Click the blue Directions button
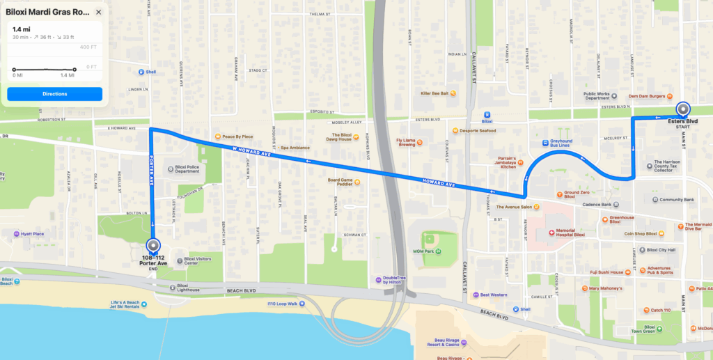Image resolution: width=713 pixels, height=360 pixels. [54, 93]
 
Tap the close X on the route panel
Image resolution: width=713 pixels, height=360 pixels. [98, 13]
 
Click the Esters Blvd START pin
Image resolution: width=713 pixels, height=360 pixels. [683, 109]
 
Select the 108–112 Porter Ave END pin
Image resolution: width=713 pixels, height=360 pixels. [153, 246]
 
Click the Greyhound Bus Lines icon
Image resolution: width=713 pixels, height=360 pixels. [545, 143]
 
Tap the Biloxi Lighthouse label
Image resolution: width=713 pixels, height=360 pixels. [187, 288]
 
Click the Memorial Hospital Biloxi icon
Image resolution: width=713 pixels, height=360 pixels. [550, 231]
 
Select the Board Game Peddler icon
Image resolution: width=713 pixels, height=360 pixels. [357, 182]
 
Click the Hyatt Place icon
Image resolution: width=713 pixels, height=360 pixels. [16, 234]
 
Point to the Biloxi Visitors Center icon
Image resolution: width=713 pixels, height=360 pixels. [179, 261]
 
